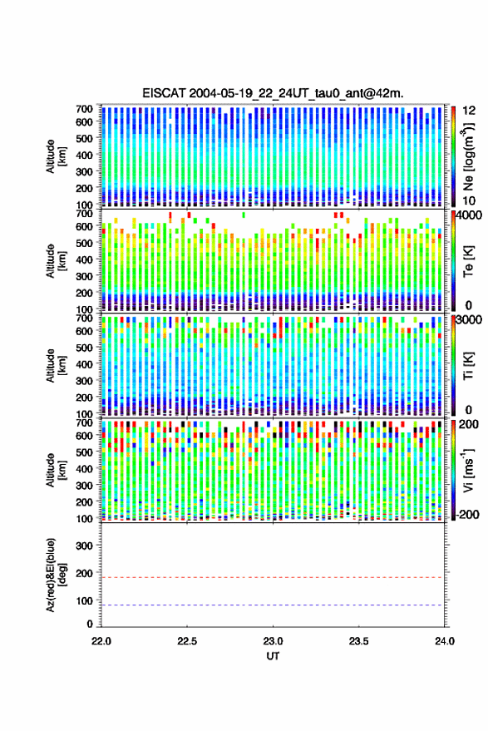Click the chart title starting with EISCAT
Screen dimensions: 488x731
point(273,93)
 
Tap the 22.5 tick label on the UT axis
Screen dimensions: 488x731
point(187,641)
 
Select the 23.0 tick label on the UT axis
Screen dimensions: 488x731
point(274,641)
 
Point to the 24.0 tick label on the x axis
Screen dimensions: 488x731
point(444,641)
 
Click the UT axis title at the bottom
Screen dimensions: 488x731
point(273,656)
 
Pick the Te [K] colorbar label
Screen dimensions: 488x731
point(468,261)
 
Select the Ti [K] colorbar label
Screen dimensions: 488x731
point(468,366)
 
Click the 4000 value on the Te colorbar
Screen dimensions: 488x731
point(470,216)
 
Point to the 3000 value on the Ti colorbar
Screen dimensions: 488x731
point(470,320)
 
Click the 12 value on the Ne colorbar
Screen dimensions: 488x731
point(470,111)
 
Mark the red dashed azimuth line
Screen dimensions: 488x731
point(272,577)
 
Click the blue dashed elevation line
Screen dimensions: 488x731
point(272,605)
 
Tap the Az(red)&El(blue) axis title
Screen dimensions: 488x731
point(56,575)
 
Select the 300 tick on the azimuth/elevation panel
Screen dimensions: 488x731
point(84,546)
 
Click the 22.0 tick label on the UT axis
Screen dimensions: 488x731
point(101,641)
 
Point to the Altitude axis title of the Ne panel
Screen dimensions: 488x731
point(56,156)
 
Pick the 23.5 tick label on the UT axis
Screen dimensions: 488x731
point(358,641)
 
